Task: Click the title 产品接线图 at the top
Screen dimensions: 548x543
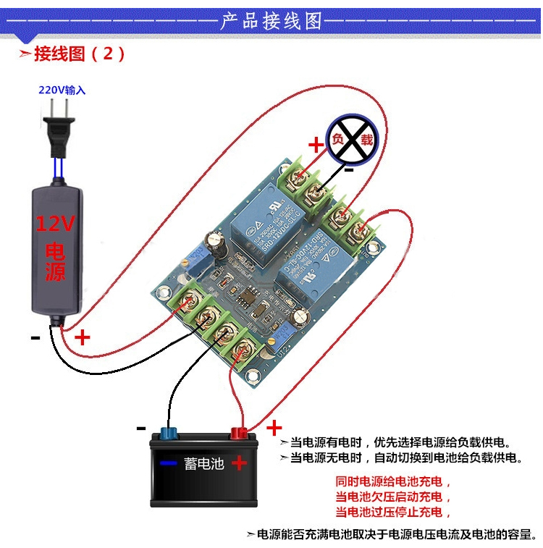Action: coord(271,21)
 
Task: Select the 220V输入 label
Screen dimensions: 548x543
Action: coord(62,90)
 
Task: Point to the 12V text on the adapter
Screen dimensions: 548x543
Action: coord(56,225)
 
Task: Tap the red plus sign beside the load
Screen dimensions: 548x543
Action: coord(316,145)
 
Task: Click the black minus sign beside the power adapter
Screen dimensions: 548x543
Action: coord(35,337)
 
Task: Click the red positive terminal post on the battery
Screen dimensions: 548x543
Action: coord(238,434)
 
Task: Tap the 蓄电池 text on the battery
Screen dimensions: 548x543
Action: coord(203,463)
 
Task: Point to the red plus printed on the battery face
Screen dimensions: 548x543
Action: coord(240,463)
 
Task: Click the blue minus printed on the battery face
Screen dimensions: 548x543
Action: coord(169,463)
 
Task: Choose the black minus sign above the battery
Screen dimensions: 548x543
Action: coord(141,428)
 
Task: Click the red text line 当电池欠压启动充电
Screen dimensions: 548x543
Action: coord(393,497)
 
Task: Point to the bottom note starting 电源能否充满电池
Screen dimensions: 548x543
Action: coord(395,535)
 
